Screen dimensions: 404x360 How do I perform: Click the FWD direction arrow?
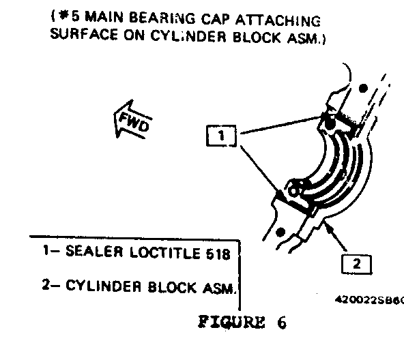coord(132,120)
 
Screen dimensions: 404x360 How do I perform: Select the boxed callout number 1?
coord(221,136)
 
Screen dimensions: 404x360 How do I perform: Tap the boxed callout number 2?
coord(357,265)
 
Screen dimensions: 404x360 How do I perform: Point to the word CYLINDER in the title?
coord(188,36)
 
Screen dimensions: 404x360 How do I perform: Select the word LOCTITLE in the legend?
coord(165,252)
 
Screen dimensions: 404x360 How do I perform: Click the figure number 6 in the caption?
coord(282,322)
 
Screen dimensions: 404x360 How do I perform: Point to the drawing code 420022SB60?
coord(369,300)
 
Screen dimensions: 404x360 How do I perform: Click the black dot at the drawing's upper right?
coord(363,89)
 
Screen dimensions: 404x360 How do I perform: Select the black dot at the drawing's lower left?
coord(280,232)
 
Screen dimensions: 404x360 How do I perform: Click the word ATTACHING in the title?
coord(278,20)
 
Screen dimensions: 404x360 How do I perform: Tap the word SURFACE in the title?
coord(84,34)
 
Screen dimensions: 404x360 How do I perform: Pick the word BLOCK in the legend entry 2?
coord(172,287)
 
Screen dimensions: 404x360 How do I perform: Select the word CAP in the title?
coord(214,19)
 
